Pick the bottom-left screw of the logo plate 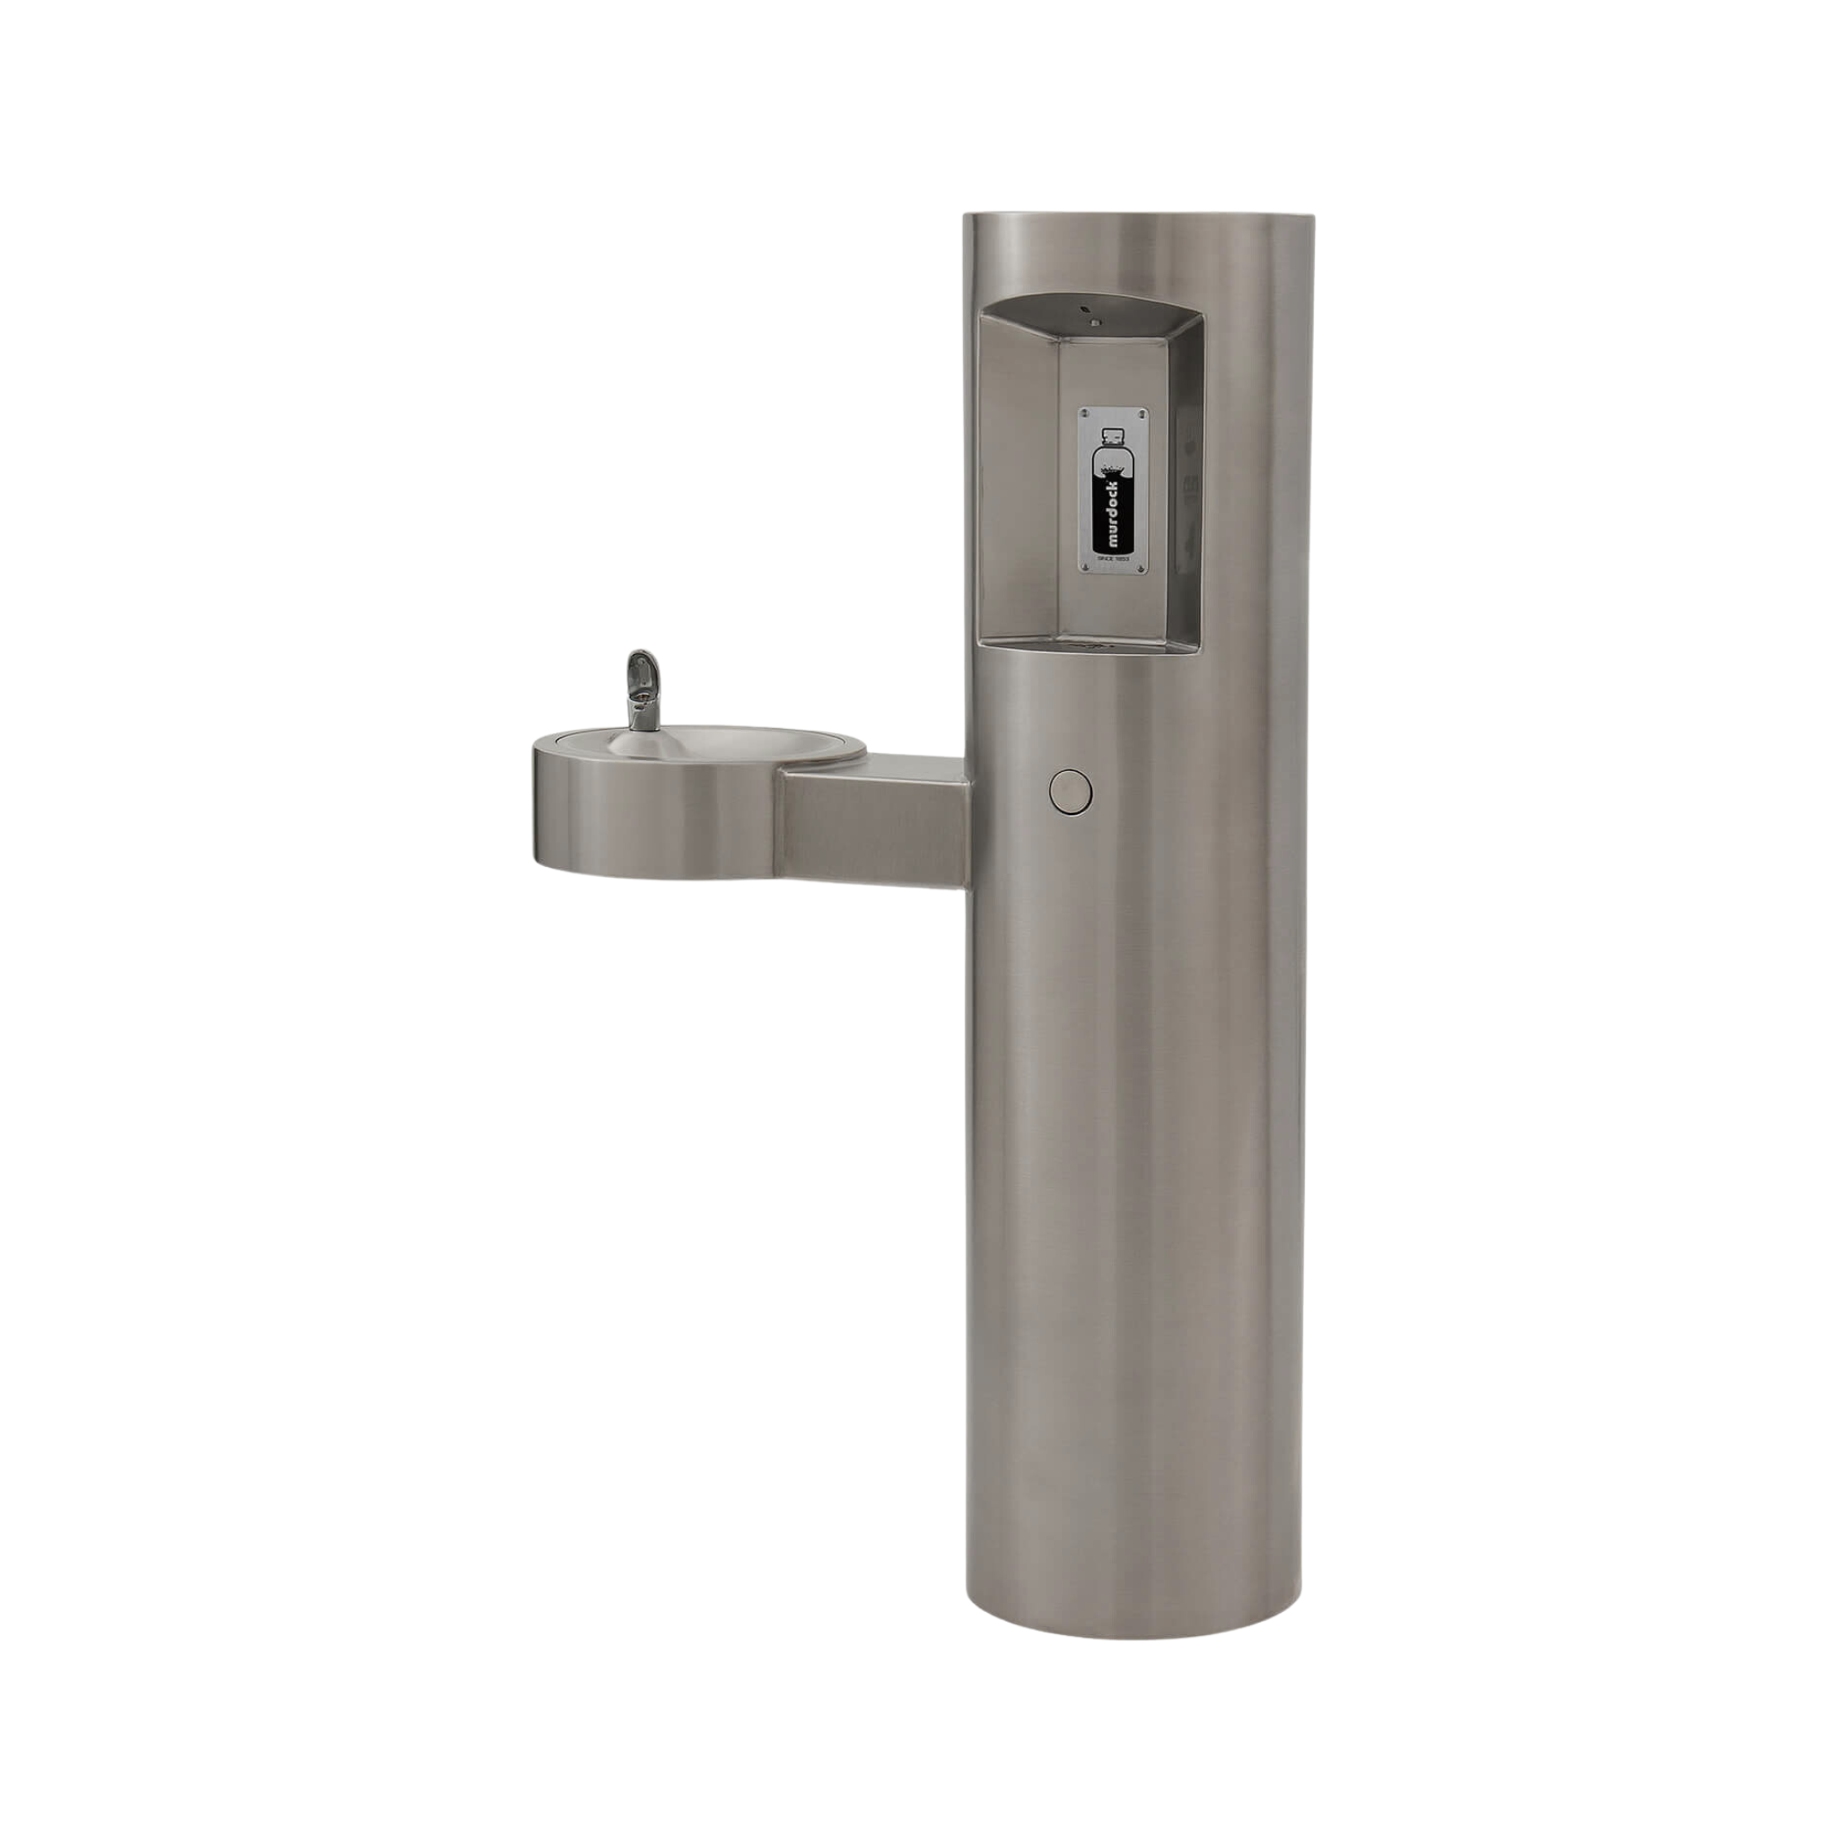tap(1086, 568)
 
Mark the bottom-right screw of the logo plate tap(1140, 568)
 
